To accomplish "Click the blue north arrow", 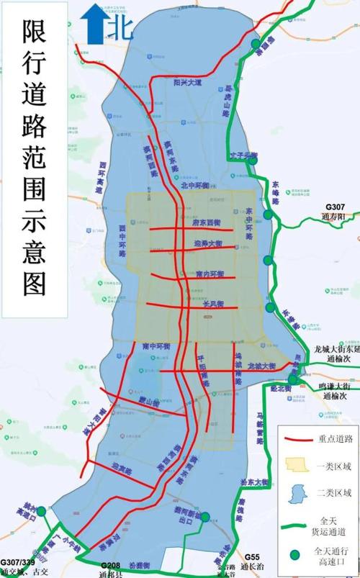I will (92, 23).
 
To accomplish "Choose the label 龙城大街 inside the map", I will (261, 366).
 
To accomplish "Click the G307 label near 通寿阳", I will (335, 207).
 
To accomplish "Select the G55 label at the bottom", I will (251, 557).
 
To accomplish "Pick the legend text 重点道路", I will (334, 438).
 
